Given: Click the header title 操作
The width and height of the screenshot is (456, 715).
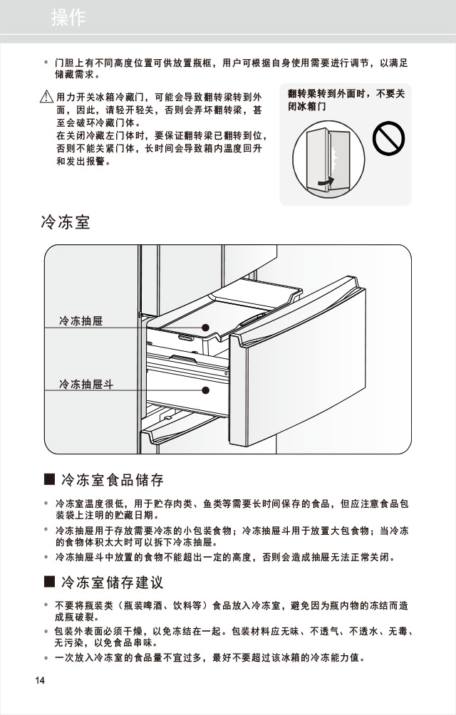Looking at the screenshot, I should click(x=68, y=19).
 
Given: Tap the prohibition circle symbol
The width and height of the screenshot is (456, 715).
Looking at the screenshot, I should click(x=388, y=137).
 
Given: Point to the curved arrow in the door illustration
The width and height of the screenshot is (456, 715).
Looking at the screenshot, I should click(x=324, y=184).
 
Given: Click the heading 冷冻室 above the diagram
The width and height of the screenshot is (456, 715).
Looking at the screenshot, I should click(x=66, y=223).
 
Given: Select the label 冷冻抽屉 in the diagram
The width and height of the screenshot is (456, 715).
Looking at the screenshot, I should click(x=81, y=321).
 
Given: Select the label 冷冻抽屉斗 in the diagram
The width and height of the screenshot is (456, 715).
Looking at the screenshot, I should click(x=86, y=385).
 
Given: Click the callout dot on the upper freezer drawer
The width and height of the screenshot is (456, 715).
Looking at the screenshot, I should click(x=205, y=328).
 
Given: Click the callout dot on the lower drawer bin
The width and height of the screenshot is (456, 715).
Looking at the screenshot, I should click(x=205, y=390).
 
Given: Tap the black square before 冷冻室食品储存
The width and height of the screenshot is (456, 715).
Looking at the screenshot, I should click(x=49, y=479).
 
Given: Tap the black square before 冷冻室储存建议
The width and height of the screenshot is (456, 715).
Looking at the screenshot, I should click(x=49, y=583).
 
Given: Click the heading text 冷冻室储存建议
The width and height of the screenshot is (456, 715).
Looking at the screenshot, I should click(x=112, y=583).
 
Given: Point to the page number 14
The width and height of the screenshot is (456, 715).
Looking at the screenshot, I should click(x=40, y=680).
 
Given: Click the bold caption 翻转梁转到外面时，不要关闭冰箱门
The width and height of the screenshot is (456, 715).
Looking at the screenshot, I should click(x=346, y=100).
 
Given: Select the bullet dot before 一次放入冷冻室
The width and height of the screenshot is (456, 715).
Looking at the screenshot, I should click(x=46, y=658).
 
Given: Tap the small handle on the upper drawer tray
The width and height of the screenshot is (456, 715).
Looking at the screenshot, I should click(x=187, y=339).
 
